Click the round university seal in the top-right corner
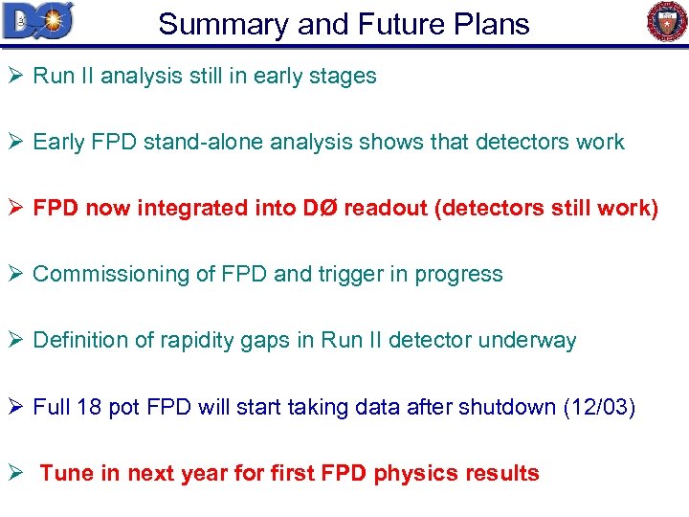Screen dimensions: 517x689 667,22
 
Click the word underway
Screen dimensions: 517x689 534,340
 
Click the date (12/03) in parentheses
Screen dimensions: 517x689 599,406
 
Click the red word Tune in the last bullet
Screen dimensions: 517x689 60,473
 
